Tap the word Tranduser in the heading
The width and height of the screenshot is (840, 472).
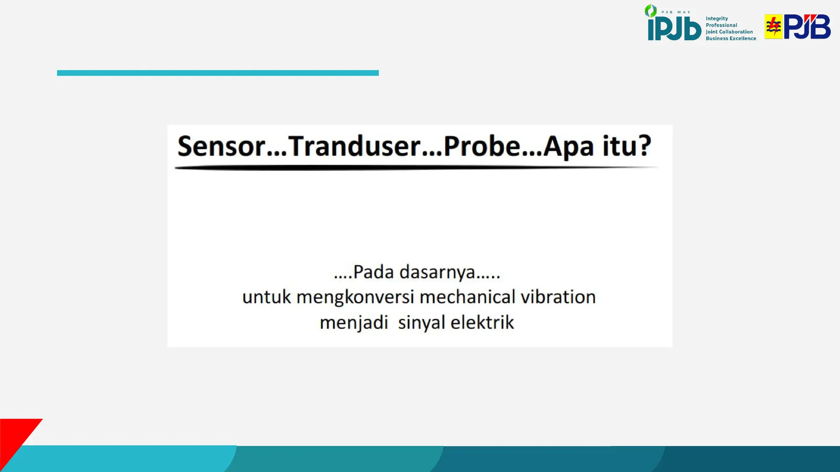(354, 146)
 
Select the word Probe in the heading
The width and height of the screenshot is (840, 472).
(482, 146)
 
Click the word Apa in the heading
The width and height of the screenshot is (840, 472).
(568, 147)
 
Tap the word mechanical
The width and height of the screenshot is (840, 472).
(468, 297)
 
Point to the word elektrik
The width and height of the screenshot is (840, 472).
(482, 322)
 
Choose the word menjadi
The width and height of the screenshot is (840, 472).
(354, 323)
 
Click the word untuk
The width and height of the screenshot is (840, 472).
(267, 297)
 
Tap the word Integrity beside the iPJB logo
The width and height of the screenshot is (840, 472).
(717, 19)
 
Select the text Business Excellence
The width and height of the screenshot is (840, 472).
(730, 39)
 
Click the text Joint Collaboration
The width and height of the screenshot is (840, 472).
(729, 32)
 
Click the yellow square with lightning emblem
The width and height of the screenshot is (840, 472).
(773, 27)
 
